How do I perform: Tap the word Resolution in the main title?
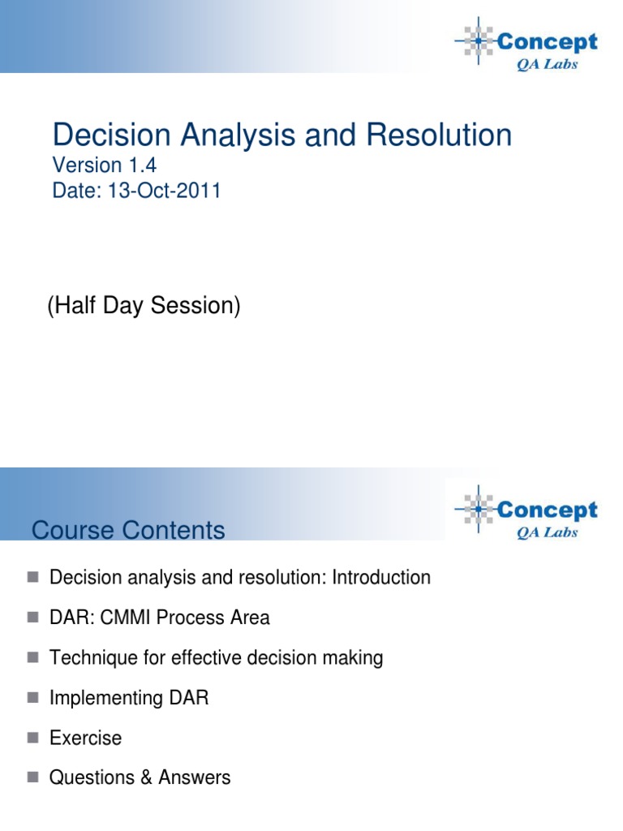pyautogui.click(x=439, y=135)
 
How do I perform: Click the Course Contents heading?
pyautogui.click(x=128, y=531)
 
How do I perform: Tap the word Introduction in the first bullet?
pyautogui.click(x=377, y=578)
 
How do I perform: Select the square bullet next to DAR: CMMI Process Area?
pyautogui.click(x=32, y=618)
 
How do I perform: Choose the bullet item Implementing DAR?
pyautogui.click(x=129, y=697)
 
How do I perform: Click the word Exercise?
pyautogui.click(x=85, y=738)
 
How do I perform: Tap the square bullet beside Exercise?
pyautogui.click(x=32, y=738)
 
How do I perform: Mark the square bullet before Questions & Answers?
pyautogui.click(x=32, y=777)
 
